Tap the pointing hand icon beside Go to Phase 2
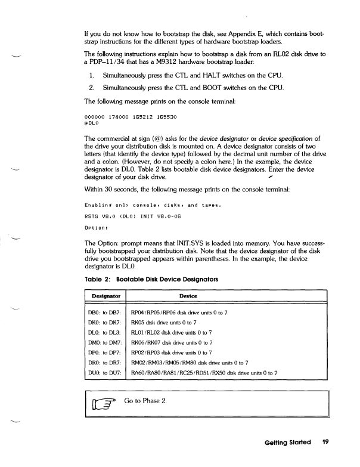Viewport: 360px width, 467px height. pos(105,402)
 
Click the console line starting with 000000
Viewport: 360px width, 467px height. pos(124,116)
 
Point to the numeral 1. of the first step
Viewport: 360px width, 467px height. pos(92,78)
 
